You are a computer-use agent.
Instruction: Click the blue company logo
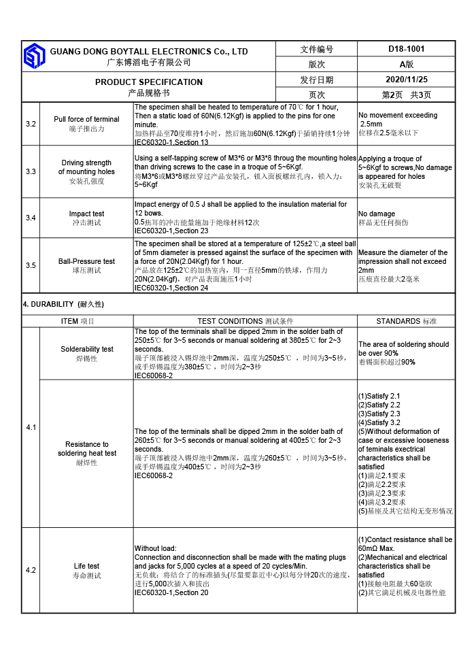click(x=34, y=56)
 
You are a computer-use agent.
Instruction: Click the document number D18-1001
click(x=407, y=49)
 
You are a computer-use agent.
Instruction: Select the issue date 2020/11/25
click(x=407, y=80)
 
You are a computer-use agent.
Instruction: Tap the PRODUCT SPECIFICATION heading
click(x=149, y=82)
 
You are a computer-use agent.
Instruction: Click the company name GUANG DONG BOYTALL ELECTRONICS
click(x=149, y=52)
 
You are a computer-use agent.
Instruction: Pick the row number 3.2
click(x=31, y=124)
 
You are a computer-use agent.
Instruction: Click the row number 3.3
click(x=31, y=171)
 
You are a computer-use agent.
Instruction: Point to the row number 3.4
click(x=31, y=218)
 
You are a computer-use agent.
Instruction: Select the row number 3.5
click(x=31, y=265)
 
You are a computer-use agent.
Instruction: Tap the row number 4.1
click(x=31, y=427)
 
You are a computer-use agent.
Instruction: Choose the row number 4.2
click(x=31, y=570)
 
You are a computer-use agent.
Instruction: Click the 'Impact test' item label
click(x=86, y=214)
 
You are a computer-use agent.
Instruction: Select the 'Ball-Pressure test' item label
click(x=86, y=261)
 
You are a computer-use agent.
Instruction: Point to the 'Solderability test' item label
click(x=86, y=349)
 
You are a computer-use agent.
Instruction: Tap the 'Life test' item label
click(x=86, y=566)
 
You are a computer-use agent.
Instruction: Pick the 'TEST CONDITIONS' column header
click(x=245, y=321)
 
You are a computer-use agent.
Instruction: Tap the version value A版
click(x=407, y=65)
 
